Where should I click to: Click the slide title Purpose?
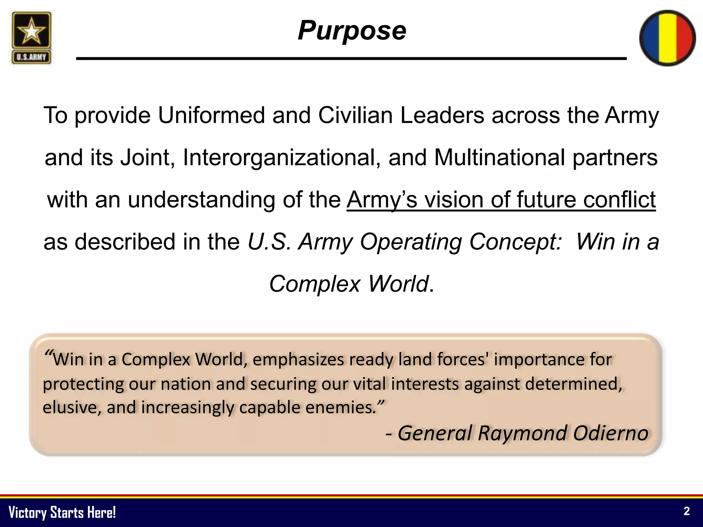[352, 31]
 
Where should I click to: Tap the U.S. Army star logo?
[31, 38]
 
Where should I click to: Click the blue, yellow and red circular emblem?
[667, 38]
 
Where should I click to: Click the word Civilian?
[355, 115]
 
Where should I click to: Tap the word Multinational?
[499, 158]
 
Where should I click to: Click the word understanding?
[201, 200]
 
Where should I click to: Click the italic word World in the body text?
[398, 284]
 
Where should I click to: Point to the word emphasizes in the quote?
[298, 360]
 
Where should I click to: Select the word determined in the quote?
[573, 384]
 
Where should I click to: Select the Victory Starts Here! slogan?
[62, 512]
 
